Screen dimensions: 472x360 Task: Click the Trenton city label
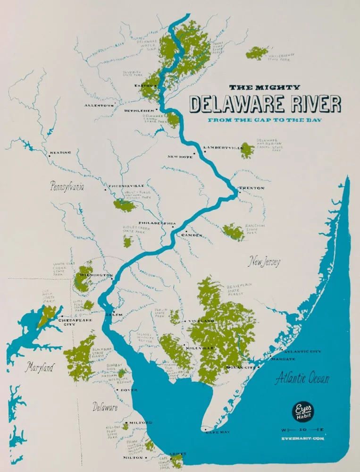tap(252, 188)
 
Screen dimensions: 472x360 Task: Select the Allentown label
tap(100, 105)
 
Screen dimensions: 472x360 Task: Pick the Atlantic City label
tap(301, 352)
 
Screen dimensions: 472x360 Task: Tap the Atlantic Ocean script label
tap(302, 379)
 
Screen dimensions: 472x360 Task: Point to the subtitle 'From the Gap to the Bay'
tap(265, 120)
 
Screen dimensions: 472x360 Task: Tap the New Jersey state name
tap(265, 262)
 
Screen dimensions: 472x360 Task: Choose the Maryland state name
tap(40, 367)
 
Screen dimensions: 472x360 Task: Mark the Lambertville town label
tap(223, 148)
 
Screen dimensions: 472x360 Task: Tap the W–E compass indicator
tap(302, 430)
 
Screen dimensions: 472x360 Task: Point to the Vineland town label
tap(201, 321)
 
